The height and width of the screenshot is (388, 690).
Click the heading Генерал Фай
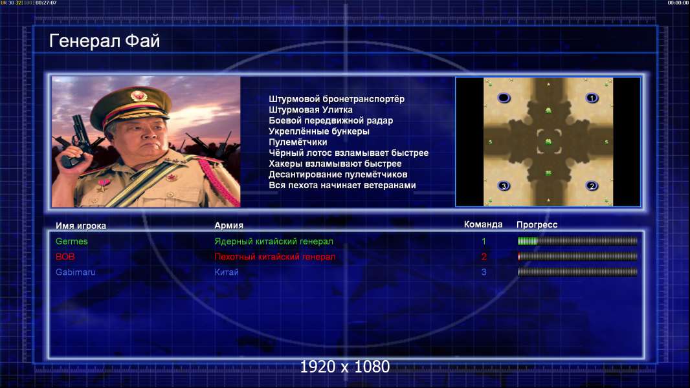(104, 41)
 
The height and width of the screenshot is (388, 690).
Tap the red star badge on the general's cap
(138, 95)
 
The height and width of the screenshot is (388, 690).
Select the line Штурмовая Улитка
(310, 110)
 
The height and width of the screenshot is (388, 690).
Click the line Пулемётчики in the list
(298, 142)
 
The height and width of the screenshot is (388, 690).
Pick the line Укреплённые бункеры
(319, 131)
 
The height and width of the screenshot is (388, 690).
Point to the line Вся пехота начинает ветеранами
(342, 185)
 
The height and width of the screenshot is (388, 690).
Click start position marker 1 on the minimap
(592, 98)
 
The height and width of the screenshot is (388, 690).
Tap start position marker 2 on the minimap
(592, 186)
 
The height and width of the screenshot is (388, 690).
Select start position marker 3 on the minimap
(504, 186)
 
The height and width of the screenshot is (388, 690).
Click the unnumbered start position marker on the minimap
(504, 98)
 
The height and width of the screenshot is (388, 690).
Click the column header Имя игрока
(80, 226)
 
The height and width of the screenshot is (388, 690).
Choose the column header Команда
(483, 224)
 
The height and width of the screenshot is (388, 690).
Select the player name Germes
(71, 241)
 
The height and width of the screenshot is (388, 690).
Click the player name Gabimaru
(75, 272)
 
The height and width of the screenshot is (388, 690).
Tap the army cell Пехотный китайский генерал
(275, 257)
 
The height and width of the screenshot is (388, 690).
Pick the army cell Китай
(227, 272)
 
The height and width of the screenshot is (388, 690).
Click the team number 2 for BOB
(484, 257)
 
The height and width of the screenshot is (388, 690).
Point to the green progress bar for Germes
(528, 241)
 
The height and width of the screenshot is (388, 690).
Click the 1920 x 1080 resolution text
(345, 367)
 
